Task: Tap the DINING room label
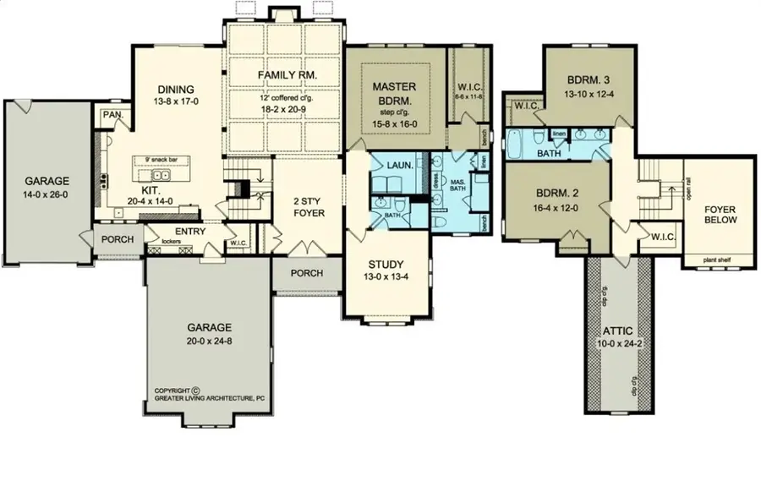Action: [176, 90]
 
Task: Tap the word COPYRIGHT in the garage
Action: [174, 391]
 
